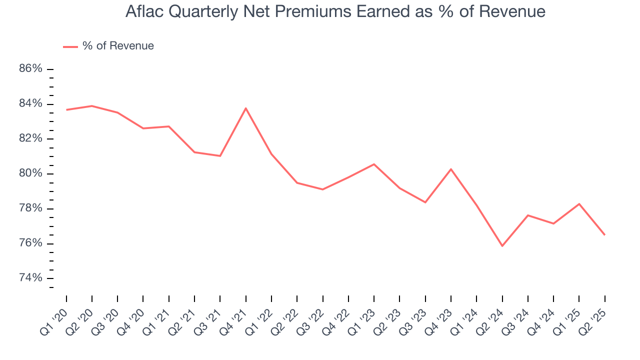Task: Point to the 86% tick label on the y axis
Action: [x=30, y=68]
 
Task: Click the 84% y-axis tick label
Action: [x=30, y=103]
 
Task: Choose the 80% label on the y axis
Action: [x=30, y=173]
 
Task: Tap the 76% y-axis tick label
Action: [x=30, y=243]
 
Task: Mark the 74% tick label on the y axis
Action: [x=30, y=278]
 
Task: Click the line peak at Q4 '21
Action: [x=245, y=108]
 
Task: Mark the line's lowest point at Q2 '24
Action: [x=502, y=246]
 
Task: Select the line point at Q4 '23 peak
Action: [x=451, y=169]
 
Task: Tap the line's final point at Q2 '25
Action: [x=604, y=235]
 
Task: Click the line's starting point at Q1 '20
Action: [x=66, y=109]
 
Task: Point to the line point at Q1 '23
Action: [x=374, y=164]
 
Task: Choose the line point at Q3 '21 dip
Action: [x=220, y=156]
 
